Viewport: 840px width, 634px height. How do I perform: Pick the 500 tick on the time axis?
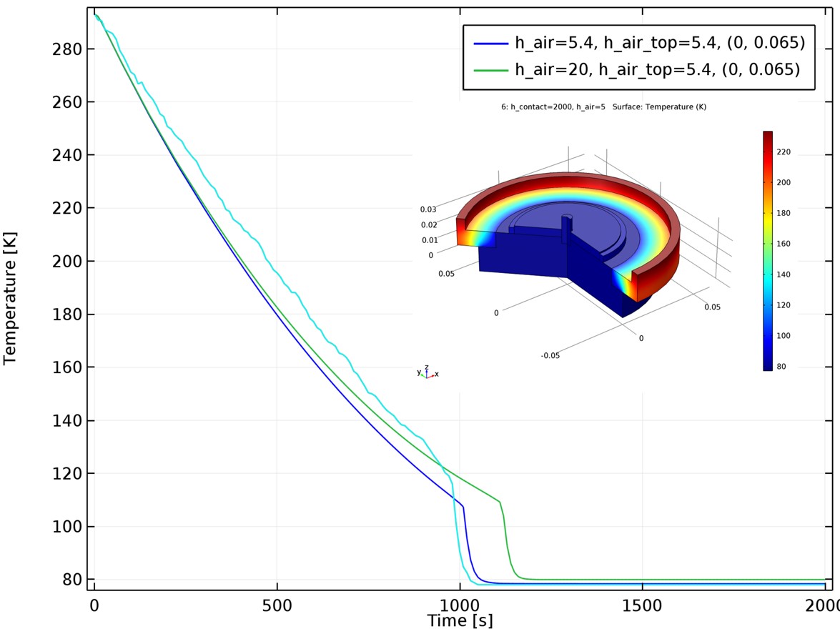tap(277, 605)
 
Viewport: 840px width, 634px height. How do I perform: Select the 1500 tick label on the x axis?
tap(642, 605)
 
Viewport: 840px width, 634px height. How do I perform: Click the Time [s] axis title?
tap(460, 621)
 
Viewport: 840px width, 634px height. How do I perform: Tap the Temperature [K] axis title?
tap(10, 297)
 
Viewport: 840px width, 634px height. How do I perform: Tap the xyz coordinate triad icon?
tap(427, 372)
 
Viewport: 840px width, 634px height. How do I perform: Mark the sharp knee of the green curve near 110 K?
tap(499, 501)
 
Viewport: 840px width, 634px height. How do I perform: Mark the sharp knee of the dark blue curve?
tap(463, 507)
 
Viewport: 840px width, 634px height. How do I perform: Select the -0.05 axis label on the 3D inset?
tap(550, 355)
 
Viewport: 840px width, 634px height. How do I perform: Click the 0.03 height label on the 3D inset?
tap(428, 209)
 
